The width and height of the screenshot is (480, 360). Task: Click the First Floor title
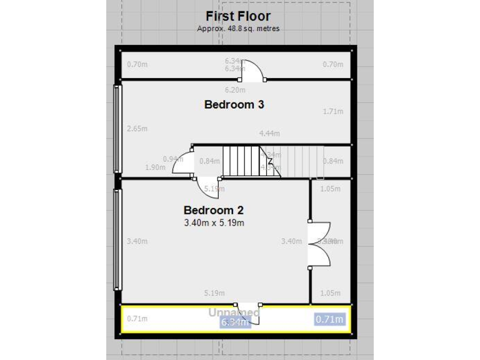pos(238,16)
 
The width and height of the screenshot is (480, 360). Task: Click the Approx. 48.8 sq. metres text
pos(238,29)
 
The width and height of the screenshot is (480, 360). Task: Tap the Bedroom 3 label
pos(234,105)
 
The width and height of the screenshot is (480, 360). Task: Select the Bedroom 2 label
pos(213,211)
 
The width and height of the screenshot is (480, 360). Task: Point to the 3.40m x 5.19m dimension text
pos(214,222)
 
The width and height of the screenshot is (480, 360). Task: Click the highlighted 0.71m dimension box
pos(329,319)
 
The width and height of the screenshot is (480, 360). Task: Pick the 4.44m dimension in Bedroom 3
pos(269,133)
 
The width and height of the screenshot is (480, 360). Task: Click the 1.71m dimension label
pos(333,112)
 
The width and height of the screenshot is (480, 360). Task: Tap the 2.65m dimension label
pos(137,129)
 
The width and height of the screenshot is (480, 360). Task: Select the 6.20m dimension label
pos(234,90)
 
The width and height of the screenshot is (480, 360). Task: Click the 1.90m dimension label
pos(155,167)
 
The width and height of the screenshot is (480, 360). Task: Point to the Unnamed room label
pos(234,312)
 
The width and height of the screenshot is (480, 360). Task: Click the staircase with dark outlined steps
pos(241,161)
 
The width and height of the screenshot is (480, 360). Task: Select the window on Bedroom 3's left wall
pos(116,129)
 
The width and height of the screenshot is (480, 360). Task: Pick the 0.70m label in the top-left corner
pos(137,64)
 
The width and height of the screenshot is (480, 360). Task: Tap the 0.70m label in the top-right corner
pos(333,64)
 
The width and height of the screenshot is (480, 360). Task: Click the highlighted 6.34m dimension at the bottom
pos(234,322)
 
